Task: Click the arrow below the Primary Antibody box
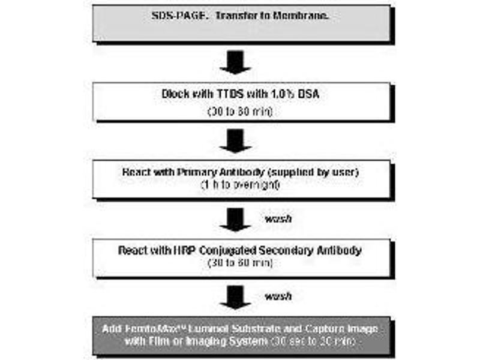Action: (235, 220)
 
